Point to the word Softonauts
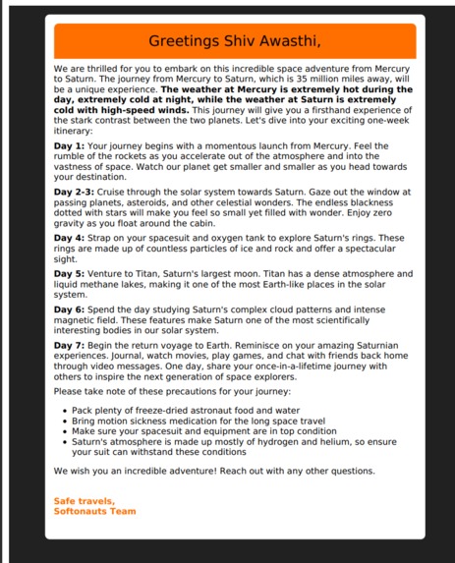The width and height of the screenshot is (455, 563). (81, 510)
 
